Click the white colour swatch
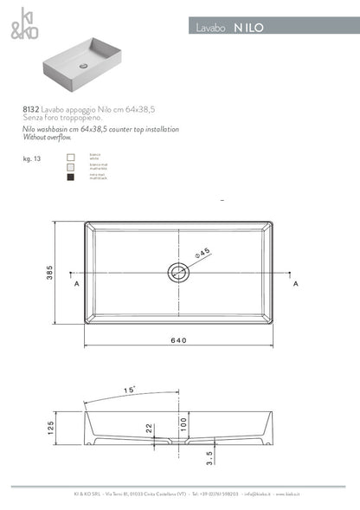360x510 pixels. pos(71,158)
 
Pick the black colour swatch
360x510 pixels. pos(71,178)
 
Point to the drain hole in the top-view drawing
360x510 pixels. pos(178,274)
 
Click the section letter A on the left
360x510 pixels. pos(77,284)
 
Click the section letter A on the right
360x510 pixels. pos(295,284)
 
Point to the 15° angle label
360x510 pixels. pos(130,391)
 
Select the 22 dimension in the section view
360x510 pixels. pos(149,428)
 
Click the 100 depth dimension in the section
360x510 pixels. pos(183,423)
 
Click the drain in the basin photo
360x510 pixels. pos(83,64)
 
